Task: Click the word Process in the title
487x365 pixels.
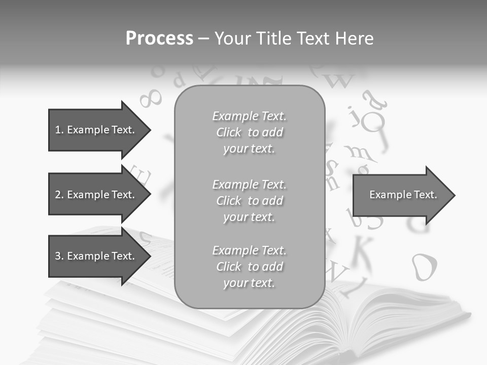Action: [x=159, y=39]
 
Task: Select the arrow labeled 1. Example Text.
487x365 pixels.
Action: [x=96, y=130]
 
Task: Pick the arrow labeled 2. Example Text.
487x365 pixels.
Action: [x=96, y=195]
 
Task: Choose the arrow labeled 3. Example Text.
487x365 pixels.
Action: [x=96, y=256]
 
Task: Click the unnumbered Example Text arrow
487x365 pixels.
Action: [x=401, y=195]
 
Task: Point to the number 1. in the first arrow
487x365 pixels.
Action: [x=59, y=130]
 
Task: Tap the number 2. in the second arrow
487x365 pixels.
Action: [x=59, y=195]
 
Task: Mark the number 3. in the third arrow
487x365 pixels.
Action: [x=59, y=256]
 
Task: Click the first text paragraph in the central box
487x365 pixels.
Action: [x=249, y=132]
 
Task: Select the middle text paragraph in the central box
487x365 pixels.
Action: [x=249, y=200]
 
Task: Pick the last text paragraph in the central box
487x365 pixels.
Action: [x=249, y=267]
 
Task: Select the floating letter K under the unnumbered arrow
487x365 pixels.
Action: [x=363, y=249]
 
